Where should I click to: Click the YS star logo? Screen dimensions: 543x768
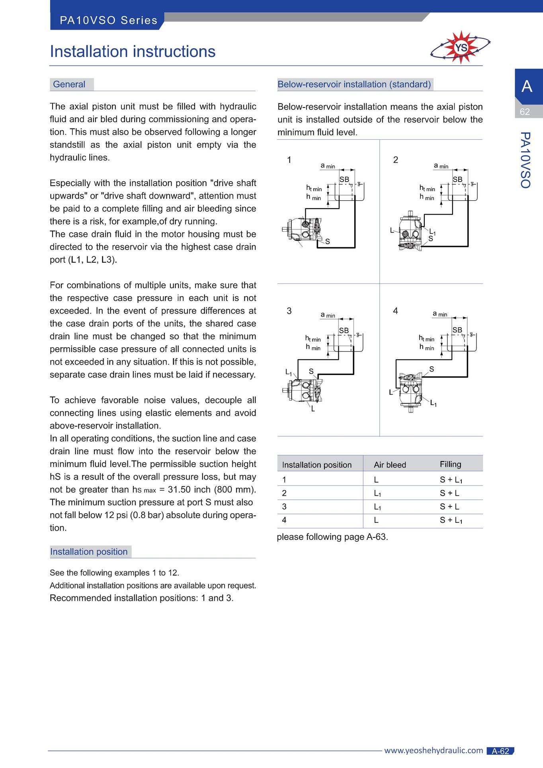[461, 47]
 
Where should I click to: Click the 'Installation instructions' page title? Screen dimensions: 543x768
[133, 52]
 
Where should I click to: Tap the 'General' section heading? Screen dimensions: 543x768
[69, 84]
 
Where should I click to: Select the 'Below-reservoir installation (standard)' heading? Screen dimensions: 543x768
[354, 84]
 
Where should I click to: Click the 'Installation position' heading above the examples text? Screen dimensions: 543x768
[89, 552]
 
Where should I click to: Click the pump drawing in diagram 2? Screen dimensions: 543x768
[410, 231]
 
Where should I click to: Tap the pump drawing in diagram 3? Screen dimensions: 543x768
[303, 390]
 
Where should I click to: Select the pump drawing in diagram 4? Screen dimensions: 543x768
[410, 392]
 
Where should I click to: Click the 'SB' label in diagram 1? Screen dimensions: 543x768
[344, 180]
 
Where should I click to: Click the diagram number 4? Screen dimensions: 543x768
[395, 311]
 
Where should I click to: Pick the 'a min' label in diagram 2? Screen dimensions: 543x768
[441, 166]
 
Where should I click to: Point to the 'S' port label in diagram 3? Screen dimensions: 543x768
[311, 371]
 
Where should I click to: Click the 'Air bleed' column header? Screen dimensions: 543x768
[390, 465]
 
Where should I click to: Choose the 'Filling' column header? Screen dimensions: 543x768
[451, 464]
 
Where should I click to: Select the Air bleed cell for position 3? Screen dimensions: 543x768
[377, 507]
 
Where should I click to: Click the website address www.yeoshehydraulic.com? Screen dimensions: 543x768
[434, 750]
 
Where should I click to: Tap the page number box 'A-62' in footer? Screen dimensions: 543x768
[500, 751]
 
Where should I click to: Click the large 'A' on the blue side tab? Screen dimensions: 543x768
[527, 86]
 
